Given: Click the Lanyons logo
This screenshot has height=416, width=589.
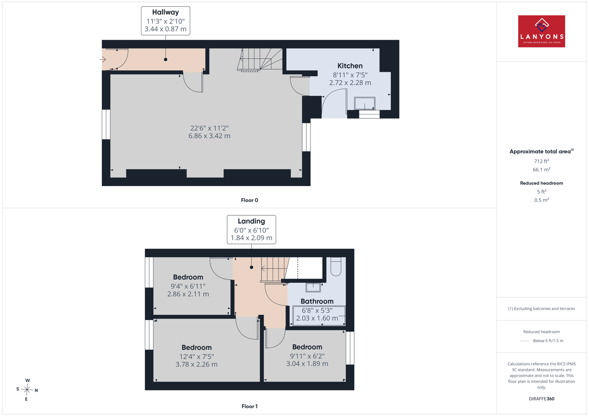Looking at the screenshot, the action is tap(542, 31).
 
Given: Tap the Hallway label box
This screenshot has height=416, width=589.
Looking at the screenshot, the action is tap(165, 21).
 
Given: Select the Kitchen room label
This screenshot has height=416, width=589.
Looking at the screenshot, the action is tap(350, 66).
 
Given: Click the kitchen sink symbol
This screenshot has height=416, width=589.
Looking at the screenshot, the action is tap(364, 103).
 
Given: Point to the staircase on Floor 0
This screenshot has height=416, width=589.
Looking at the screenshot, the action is tap(260, 60).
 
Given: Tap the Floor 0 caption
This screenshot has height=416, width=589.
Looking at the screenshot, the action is tap(249, 200).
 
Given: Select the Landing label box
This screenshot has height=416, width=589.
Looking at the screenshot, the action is tap(251, 230).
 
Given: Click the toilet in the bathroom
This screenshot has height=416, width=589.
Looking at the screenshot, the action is tap(336, 266).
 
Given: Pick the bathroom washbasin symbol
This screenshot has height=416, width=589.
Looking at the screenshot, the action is tap(313, 287).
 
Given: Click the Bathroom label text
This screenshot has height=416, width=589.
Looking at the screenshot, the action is tap(317, 301).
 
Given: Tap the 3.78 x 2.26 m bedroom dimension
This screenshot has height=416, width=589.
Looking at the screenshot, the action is tap(197, 364).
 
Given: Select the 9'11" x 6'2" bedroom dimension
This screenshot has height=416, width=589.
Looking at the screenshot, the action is tap(307, 356).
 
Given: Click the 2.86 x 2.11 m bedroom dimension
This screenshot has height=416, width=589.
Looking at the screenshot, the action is tap(188, 294).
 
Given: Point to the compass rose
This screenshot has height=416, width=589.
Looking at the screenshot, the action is tap(27, 390).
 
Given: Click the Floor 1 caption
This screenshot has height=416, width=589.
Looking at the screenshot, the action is tap(250, 406).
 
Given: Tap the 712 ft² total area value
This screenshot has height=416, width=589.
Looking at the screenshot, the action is tap(542, 161).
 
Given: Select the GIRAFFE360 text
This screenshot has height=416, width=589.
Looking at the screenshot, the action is tap(542, 399).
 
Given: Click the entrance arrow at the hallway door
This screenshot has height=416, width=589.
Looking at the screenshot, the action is tap(103, 60).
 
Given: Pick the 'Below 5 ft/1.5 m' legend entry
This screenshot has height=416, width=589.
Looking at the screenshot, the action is tap(548, 341).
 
